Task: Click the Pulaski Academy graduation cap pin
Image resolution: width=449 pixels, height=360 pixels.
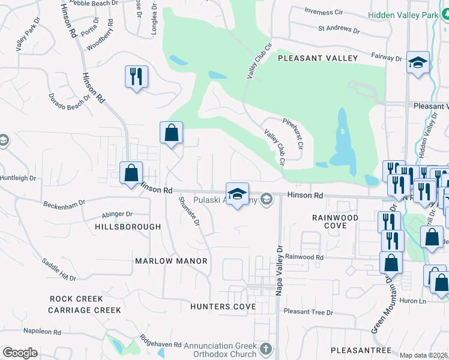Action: click(237, 194)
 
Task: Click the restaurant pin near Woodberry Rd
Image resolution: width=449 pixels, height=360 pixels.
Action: click(136, 77)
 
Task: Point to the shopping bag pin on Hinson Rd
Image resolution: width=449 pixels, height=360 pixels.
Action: click(131, 173)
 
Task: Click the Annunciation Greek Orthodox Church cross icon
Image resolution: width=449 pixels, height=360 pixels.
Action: click(266, 348)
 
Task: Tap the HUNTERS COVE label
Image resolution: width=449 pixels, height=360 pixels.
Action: click(223, 307)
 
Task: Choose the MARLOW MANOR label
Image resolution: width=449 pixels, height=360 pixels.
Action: click(171, 261)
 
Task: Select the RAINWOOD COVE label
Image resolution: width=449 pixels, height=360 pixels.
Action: click(335, 221)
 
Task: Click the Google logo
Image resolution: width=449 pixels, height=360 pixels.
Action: click(20, 353)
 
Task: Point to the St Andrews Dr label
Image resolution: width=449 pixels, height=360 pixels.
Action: click(339, 28)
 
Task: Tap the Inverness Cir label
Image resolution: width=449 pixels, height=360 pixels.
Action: click(323, 11)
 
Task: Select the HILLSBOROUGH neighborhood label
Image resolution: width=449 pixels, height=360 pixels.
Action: click(128, 227)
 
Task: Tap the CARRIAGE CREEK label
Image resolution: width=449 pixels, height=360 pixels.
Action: click(85, 310)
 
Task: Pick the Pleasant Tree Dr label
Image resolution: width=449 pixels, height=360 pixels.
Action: click(308, 312)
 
